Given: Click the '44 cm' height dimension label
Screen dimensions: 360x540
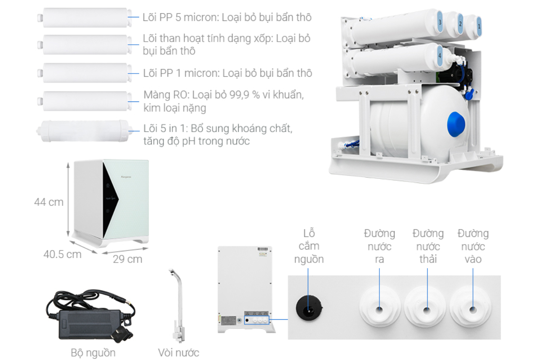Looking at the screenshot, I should pos(49,202).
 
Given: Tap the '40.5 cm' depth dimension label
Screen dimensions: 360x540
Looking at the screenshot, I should pos(62,254).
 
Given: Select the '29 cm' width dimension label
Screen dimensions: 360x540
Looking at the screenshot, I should pos(127,259).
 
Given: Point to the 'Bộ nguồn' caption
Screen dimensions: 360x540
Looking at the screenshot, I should pos(93,353).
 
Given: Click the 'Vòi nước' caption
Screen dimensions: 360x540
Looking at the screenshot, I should pos(178,353).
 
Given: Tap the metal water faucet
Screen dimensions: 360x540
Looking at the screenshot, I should pos(178,306).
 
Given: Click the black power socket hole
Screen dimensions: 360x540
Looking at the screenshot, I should pos(309,308).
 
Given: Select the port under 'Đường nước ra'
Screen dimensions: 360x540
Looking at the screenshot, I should pos(379,309).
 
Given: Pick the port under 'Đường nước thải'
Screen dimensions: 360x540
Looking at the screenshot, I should pos(427,309).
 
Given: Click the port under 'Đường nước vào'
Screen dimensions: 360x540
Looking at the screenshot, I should pos(473,309).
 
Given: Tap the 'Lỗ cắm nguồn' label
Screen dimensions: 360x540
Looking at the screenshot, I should pos(309,246).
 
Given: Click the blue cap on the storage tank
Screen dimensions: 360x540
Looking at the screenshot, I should pos(456,125).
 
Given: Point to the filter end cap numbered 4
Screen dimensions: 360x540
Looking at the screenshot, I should pos(440,56).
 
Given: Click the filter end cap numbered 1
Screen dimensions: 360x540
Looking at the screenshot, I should pos(478,27).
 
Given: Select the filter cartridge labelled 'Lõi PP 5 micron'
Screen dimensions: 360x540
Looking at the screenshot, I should pos(85,18).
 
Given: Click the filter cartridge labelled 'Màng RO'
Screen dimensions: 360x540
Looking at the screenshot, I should pos(85,101).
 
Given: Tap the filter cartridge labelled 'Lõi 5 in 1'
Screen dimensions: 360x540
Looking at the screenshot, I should pos(85,131).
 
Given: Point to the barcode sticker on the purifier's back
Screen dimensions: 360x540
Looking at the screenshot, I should pos(263,249).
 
